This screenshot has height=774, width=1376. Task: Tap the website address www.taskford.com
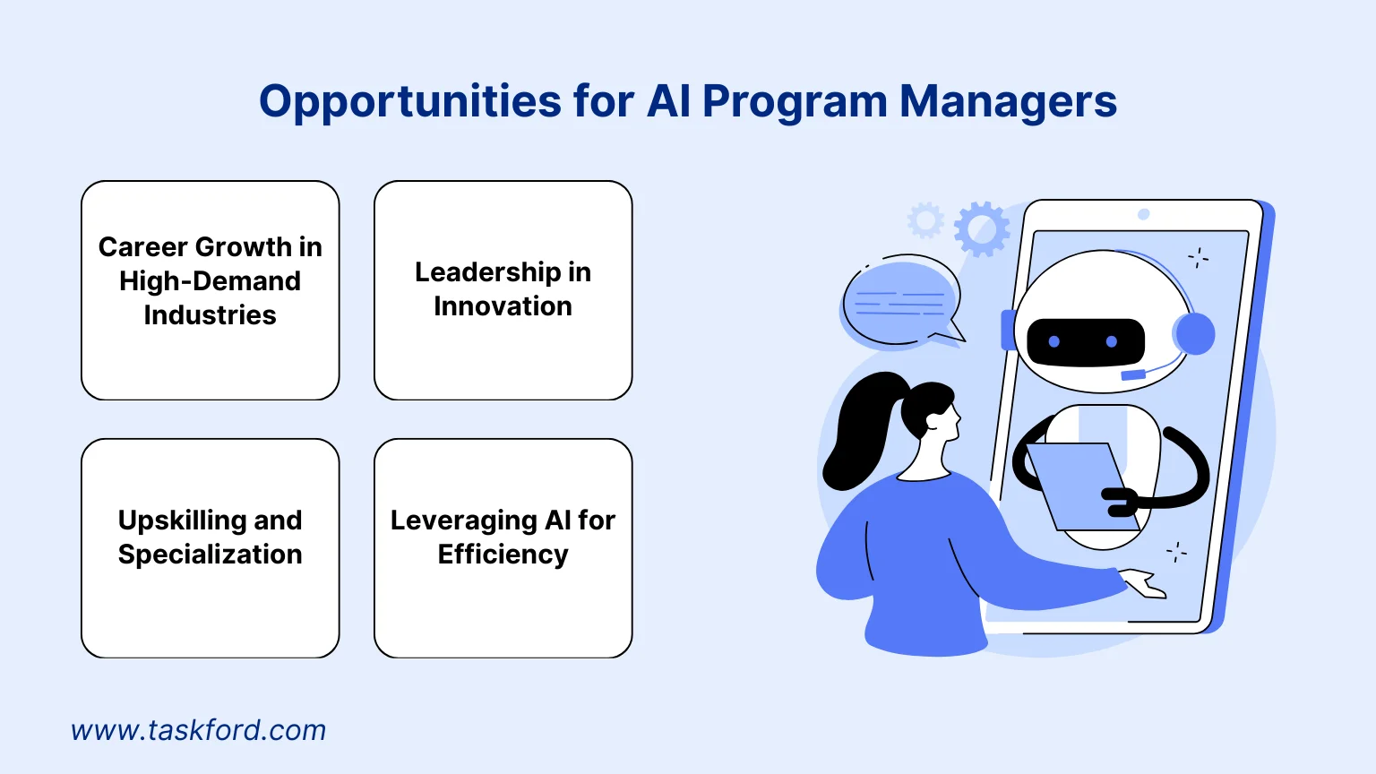point(198,730)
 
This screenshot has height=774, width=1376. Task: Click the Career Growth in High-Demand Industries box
point(211,289)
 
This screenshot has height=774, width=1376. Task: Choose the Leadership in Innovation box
point(503,289)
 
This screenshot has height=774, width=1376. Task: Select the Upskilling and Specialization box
point(211,547)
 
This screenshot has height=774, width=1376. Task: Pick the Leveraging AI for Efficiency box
point(503,547)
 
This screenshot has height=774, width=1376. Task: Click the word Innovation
point(503,306)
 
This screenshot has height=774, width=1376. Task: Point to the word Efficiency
point(503,555)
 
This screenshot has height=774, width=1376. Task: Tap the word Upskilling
point(171,520)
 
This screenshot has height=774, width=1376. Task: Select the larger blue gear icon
point(982,228)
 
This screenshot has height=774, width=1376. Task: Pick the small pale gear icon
point(925,220)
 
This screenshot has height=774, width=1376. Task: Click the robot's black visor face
point(1085,341)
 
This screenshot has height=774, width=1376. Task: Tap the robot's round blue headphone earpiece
point(1194,334)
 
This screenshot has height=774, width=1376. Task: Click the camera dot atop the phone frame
point(1143,214)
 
